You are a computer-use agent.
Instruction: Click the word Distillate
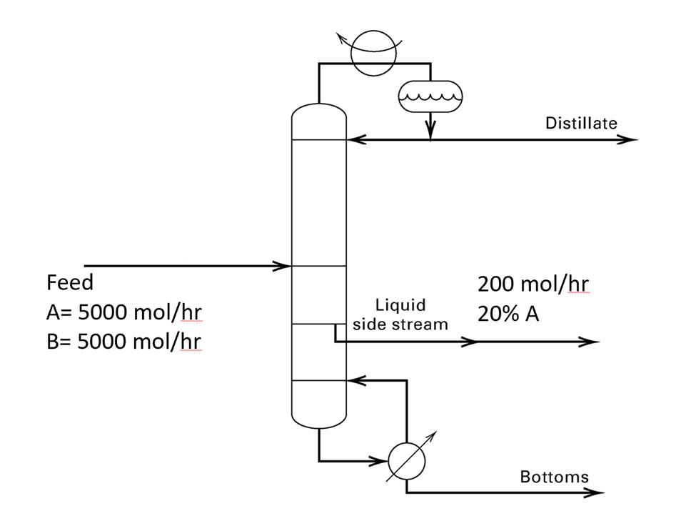(x=581, y=123)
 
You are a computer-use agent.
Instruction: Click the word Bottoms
(x=554, y=477)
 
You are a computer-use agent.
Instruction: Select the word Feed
(x=70, y=283)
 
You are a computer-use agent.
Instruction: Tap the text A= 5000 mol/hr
(x=119, y=313)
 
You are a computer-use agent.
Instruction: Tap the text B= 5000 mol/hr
(x=119, y=342)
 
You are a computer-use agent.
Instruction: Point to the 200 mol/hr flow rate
(x=533, y=284)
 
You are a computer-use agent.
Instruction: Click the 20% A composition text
(x=508, y=314)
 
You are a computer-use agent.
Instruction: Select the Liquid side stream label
(x=400, y=314)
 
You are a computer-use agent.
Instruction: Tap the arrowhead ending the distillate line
(x=628, y=140)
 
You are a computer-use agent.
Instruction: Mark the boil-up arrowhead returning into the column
(x=355, y=380)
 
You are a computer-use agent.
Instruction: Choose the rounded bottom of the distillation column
(x=319, y=418)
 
